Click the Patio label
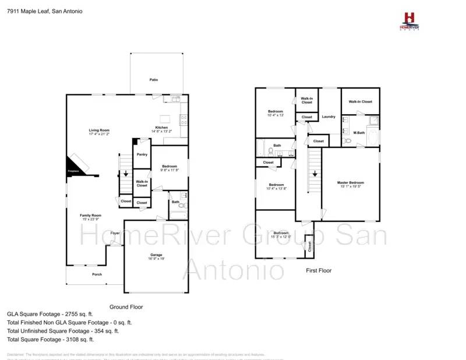click(154, 80)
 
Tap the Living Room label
click(99, 130)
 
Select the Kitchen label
click(161, 128)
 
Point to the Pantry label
click(142, 155)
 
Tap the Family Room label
click(91, 216)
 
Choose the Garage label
click(156, 255)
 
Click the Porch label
click(97, 274)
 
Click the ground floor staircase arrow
click(125, 174)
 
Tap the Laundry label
click(329, 117)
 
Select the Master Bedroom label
click(351, 183)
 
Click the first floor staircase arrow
click(315, 173)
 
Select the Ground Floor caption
click(126, 306)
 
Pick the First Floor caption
click(319, 271)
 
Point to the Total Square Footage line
click(50, 339)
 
